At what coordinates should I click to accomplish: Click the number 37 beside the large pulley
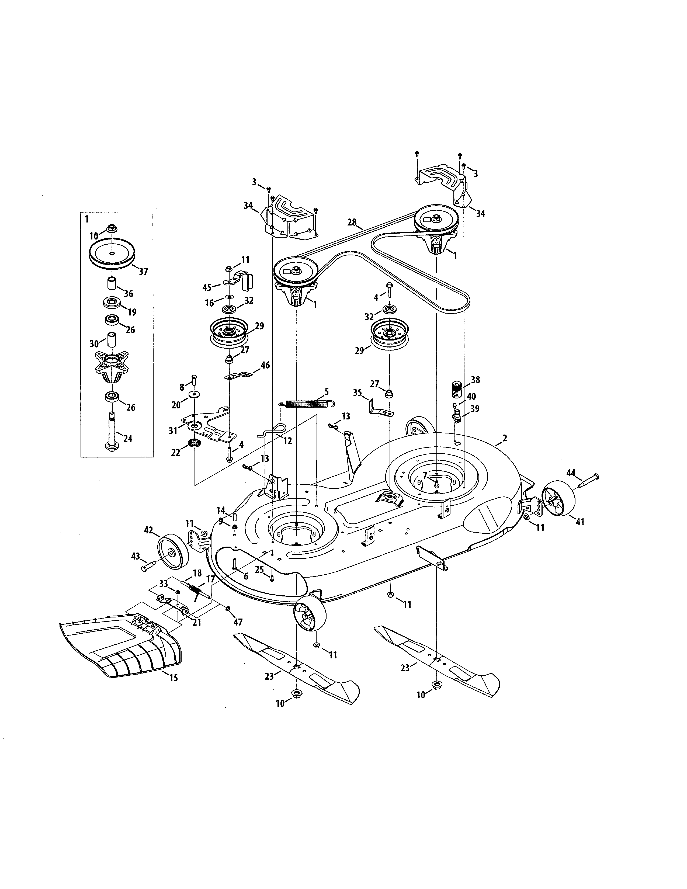pyautogui.click(x=143, y=272)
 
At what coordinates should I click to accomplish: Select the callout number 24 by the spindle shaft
pyautogui.click(x=128, y=439)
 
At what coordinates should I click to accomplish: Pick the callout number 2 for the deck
pyautogui.click(x=505, y=438)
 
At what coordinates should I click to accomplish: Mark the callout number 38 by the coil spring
pyautogui.click(x=475, y=380)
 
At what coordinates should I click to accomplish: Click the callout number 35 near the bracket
pyautogui.click(x=357, y=393)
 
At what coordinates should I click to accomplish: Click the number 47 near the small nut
pyautogui.click(x=238, y=622)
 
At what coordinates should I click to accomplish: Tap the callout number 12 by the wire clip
pyautogui.click(x=288, y=441)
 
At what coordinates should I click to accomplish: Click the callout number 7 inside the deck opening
pyautogui.click(x=425, y=475)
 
